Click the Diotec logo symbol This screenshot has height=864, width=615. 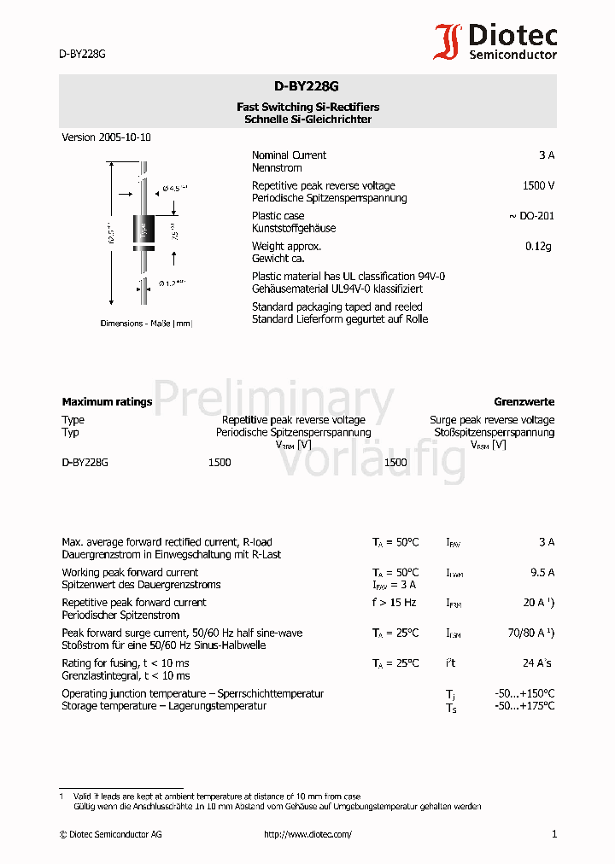pyautogui.click(x=448, y=41)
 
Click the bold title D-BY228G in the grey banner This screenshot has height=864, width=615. pyautogui.click(x=307, y=86)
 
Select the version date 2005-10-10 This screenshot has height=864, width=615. pyautogui.click(x=125, y=137)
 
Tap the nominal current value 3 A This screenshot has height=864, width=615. pyautogui.click(x=547, y=155)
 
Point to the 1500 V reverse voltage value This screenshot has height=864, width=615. pyautogui.click(x=538, y=185)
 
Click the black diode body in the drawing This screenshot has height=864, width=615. pyautogui.click(x=143, y=229)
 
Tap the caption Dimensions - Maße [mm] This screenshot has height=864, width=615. pyautogui.click(x=146, y=324)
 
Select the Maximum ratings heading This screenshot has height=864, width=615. pyautogui.click(x=107, y=402)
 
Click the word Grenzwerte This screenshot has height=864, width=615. pyautogui.click(x=524, y=402)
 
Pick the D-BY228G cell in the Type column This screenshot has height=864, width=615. pyautogui.click(x=85, y=463)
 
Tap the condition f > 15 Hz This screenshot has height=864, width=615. pyautogui.click(x=395, y=603)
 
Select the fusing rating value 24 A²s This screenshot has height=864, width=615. pyautogui.click(x=537, y=663)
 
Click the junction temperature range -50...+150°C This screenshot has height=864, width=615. pyautogui.click(x=524, y=694)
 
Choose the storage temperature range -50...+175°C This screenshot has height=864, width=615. pyautogui.click(x=524, y=706)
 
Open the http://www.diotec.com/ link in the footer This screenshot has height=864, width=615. pyautogui.click(x=307, y=835)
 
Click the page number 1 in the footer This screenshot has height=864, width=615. pyautogui.click(x=553, y=834)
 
